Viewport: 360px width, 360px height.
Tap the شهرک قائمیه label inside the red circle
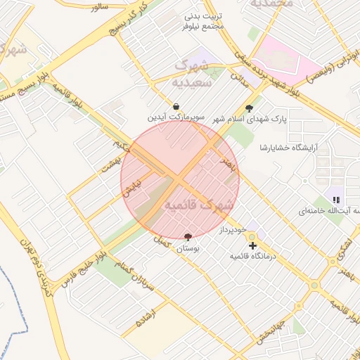click(x=198, y=205)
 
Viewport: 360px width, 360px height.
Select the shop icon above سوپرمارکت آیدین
click(x=175, y=107)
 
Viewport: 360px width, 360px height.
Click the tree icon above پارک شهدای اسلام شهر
click(x=249, y=108)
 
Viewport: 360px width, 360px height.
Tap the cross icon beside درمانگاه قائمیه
click(x=252, y=245)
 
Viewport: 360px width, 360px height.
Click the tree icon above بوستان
click(x=188, y=238)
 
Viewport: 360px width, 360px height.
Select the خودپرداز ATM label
click(x=230, y=230)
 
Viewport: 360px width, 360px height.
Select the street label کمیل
click(x=162, y=240)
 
